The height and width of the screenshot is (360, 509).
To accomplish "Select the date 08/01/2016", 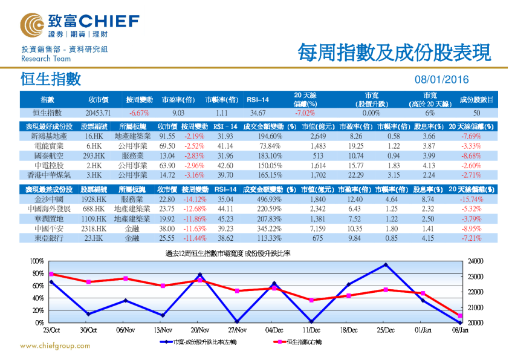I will pyautogui.click(x=441, y=79).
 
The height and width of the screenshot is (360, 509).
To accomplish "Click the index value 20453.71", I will pyautogui.click(x=98, y=113).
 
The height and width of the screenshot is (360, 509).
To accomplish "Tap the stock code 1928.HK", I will pyautogui.click(x=94, y=198).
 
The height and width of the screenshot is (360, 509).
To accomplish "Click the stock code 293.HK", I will pyautogui.click(x=94, y=155).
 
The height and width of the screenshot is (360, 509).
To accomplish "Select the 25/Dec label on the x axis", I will pyautogui.click(x=385, y=330).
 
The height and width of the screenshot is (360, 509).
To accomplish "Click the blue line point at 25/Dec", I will pyautogui.click(x=385, y=264).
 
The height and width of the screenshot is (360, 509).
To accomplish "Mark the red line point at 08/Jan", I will pyautogui.click(x=459, y=316).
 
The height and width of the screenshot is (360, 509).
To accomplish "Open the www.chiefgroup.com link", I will pyautogui.click(x=55, y=346).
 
